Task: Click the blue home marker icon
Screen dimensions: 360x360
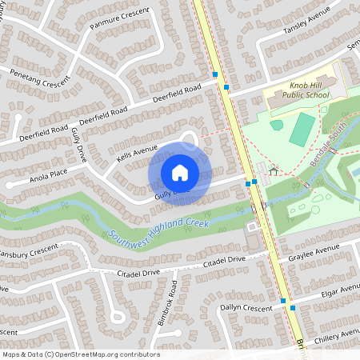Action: pyautogui.click(x=180, y=172)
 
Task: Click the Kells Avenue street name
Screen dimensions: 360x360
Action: pyautogui.click(x=138, y=150)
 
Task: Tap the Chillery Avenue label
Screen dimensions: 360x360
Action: pyautogui.click(x=339, y=333)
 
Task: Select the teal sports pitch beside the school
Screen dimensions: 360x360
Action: pyautogui.click(x=302, y=129)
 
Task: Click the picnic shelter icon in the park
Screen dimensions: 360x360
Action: pyautogui.click(x=274, y=170)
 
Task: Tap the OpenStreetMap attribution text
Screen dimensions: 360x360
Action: pyautogui.click(x=80, y=354)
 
